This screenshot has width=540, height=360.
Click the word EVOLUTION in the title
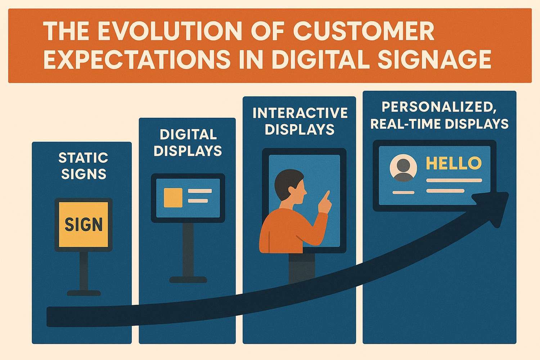(x=170, y=31)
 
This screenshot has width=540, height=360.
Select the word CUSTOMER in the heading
(x=364, y=31)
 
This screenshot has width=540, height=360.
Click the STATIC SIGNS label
(x=84, y=166)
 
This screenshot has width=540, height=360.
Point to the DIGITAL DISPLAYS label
(x=188, y=143)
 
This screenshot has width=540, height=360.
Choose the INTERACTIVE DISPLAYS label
(x=300, y=121)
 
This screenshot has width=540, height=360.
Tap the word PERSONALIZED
(x=439, y=107)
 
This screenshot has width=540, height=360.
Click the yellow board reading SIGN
(x=84, y=225)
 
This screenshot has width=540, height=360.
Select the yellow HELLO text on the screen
(x=454, y=163)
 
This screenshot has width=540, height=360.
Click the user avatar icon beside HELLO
(x=403, y=168)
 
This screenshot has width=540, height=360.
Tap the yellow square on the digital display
(x=173, y=198)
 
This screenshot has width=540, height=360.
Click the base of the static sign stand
(x=84, y=293)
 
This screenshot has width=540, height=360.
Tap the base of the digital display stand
(x=188, y=280)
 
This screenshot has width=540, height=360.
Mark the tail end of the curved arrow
(x=48, y=317)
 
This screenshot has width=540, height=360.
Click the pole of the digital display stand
(x=188, y=249)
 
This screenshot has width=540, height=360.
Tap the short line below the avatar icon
(x=403, y=192)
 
